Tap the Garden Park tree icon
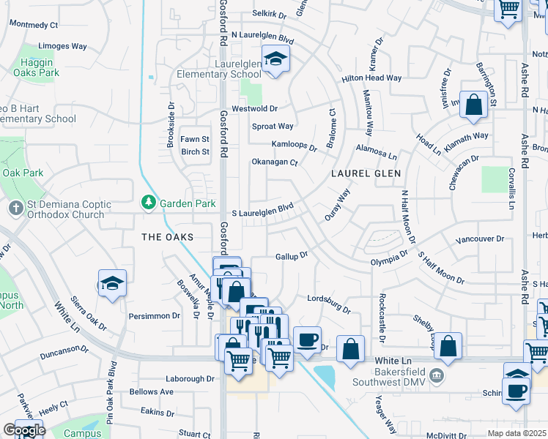click(148, 200)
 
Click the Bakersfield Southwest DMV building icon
click(437, 376)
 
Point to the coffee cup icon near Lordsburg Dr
click(307, 339)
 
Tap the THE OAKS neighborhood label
click(167, 237)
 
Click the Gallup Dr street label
click(291, 256)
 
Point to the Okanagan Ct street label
click(275, 162)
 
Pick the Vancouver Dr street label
click(480, 239)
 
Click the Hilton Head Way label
click(371, 78)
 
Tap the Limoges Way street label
click(62, 46)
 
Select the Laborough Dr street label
click(189, 378)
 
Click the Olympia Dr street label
click(388, 260)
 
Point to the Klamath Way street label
click(466, 136)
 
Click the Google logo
click(24, 430)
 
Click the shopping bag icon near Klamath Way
click(474, 105)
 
